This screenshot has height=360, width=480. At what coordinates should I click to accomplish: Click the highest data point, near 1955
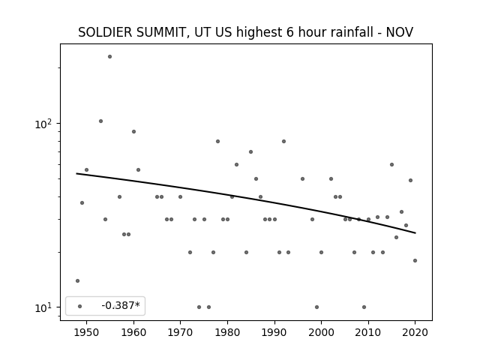pyautogui.click(x=110, y=57)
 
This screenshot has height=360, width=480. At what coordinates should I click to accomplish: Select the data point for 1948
pyautogui.click(x=77, y=280)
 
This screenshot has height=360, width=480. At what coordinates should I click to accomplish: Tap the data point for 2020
pyautogui.click(x=415, y=260)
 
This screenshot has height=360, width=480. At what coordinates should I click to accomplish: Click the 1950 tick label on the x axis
pyautogui.click(x=87, y=333)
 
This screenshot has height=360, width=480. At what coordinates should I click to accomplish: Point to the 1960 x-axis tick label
pyautogui.click(x=133, y=333)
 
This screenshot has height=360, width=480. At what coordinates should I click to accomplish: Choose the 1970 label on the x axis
pyautogui.click(x=180, y=333)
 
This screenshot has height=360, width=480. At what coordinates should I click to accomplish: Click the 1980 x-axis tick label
pyautogui.click(x=227, y=333)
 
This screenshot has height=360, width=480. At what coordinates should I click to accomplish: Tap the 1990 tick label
pyautogui.click(x=274, y=333)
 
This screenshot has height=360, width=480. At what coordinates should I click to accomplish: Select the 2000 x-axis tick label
pyautogui.click(x=321, y=333)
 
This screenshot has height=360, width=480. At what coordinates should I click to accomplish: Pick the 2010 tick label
pyautogui.click(x=368, y=333)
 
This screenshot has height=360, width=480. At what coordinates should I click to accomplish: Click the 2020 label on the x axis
pyautogui.click(x=415, y=333)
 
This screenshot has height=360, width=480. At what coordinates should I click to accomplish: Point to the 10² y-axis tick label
pyautogui.click(x=43, y=124)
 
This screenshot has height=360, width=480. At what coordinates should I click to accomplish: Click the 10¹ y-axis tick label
pyautogui.click(x=43, y=307)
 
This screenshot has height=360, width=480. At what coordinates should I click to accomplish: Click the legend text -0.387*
pyautogui.click(x=121, y=305)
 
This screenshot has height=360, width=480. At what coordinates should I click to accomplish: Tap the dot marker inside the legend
pyautogui.click(x=80, y=306)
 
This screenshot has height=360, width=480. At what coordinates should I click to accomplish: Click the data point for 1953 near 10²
pyautogui.click(x=100, y=121)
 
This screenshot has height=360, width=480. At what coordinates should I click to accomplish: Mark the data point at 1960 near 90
pyautogui.click(x=133, y=132)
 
